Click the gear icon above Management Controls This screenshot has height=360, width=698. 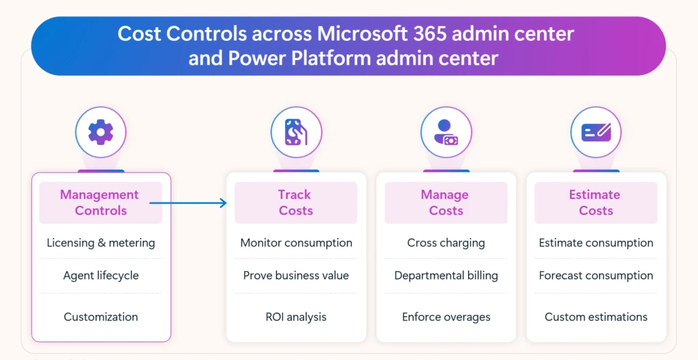point(101,132)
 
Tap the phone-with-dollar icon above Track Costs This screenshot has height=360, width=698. point(296,132)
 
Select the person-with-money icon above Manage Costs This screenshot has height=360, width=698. point(446,132)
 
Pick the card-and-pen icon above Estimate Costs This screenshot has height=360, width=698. point(596,132)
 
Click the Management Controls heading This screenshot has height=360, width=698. point(100,202)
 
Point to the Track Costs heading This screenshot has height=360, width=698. point(295,202)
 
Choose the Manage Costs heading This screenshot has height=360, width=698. point(445,202)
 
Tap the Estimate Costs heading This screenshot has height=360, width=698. point(595,202)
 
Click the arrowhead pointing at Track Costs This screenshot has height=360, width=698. point(223,202)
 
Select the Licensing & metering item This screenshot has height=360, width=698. point(101,243)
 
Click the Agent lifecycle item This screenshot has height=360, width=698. point(101,275)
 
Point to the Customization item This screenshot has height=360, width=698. point(101,316)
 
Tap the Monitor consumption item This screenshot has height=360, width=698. point(296,243)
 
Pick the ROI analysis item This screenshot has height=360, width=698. point(296,316)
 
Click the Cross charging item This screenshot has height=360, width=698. point(446,243)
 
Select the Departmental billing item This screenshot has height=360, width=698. point(446,275)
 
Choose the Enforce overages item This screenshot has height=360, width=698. point(446,316)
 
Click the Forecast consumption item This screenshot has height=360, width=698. point(596,275)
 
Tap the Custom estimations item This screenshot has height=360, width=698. point(596,316)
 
